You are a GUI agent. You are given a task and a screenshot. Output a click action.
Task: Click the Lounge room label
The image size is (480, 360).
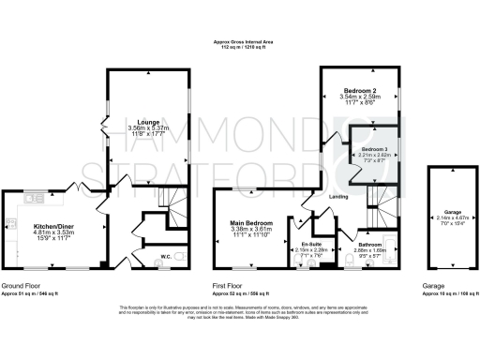click(x=147, y=122)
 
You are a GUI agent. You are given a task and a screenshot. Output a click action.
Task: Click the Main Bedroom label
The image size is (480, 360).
click(x=250, y=223)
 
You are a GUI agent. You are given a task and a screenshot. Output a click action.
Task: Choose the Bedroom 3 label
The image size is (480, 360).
click(x=374, y=150)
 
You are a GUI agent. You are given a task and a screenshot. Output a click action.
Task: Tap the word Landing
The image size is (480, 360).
click(x=339, y=196)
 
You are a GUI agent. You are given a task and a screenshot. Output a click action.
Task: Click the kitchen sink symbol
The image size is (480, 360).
click(x=38, y=198)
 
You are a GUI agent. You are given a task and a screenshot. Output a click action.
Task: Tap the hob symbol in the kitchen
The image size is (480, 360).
click(x=10, y=225)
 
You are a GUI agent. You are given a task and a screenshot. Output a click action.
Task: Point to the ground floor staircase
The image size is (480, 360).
click(x=170, y=198)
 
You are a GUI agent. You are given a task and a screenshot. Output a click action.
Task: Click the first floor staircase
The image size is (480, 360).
click(x=379, y=196)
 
